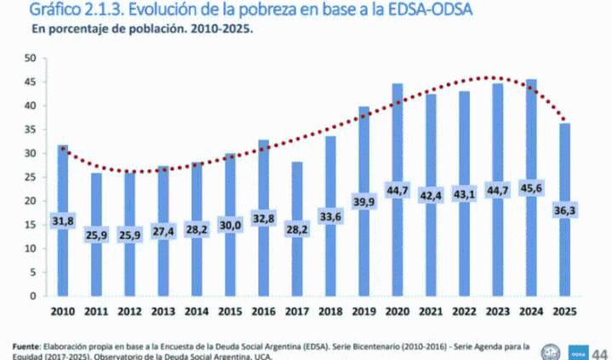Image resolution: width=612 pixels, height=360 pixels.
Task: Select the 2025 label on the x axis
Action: coord(565,311)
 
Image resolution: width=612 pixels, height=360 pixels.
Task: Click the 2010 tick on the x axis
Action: coord(64,311)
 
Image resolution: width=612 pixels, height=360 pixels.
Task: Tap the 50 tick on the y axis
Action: coord(31,59)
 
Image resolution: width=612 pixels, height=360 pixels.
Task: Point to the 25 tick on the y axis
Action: coord(31,178)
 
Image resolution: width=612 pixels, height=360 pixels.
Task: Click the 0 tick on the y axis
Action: coord(34,297)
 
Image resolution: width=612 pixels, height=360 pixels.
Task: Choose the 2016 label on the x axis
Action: coord(264,311)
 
